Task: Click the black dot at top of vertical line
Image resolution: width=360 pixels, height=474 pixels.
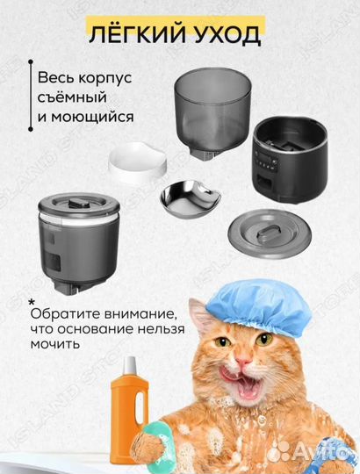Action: point(30,63)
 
